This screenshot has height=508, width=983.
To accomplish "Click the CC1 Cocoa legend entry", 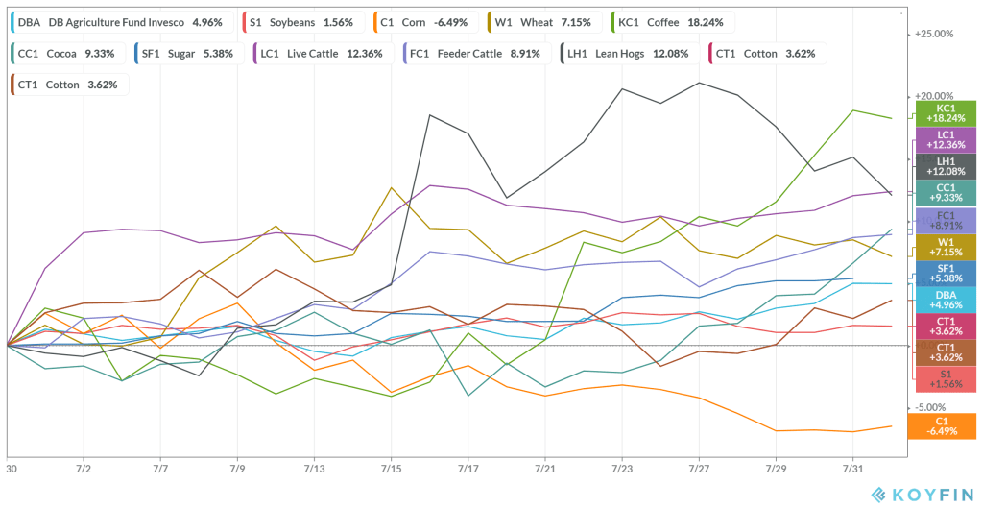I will tap(66, 54).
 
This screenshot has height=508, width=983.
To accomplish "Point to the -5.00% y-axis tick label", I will tap(932, 408).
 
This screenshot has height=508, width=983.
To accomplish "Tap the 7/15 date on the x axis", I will tap(391, 471).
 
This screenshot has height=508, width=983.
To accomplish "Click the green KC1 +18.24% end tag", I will tap(946, 113).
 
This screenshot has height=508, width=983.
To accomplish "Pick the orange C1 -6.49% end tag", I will tap(946, 425).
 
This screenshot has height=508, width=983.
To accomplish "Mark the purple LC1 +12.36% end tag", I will tap(946, 139).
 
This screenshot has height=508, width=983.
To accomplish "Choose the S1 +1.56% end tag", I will tap(946, 378).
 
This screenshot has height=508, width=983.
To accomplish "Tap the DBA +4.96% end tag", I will tap(946, 300).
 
